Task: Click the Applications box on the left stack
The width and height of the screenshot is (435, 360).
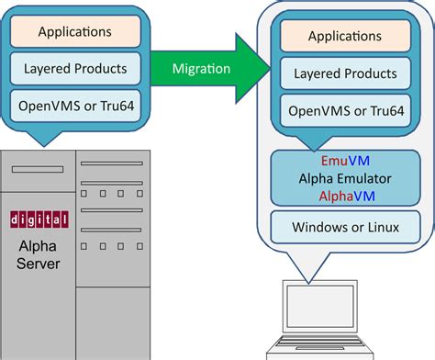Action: [x=76, y=32]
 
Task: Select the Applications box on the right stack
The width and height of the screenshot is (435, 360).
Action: [x=345, y=38]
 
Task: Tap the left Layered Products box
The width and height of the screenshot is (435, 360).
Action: [x=76, y=69]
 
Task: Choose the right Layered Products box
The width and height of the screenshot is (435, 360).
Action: [x=345, y=73]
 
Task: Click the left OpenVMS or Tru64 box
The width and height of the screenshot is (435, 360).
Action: [x=76, y=105]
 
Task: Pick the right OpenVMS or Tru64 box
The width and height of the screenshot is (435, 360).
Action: [x=345, y=110]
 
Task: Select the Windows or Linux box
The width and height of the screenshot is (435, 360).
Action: [x=345, y=226]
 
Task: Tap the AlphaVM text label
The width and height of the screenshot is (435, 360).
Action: [x=345, y=195]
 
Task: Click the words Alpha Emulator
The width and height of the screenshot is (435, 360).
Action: [x=345, y=178]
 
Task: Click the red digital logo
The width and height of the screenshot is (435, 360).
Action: [x=38, y=219]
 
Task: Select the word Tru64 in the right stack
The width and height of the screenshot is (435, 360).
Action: [x=385, y=110]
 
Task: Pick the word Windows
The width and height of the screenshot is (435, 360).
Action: [x=318, y=226]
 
